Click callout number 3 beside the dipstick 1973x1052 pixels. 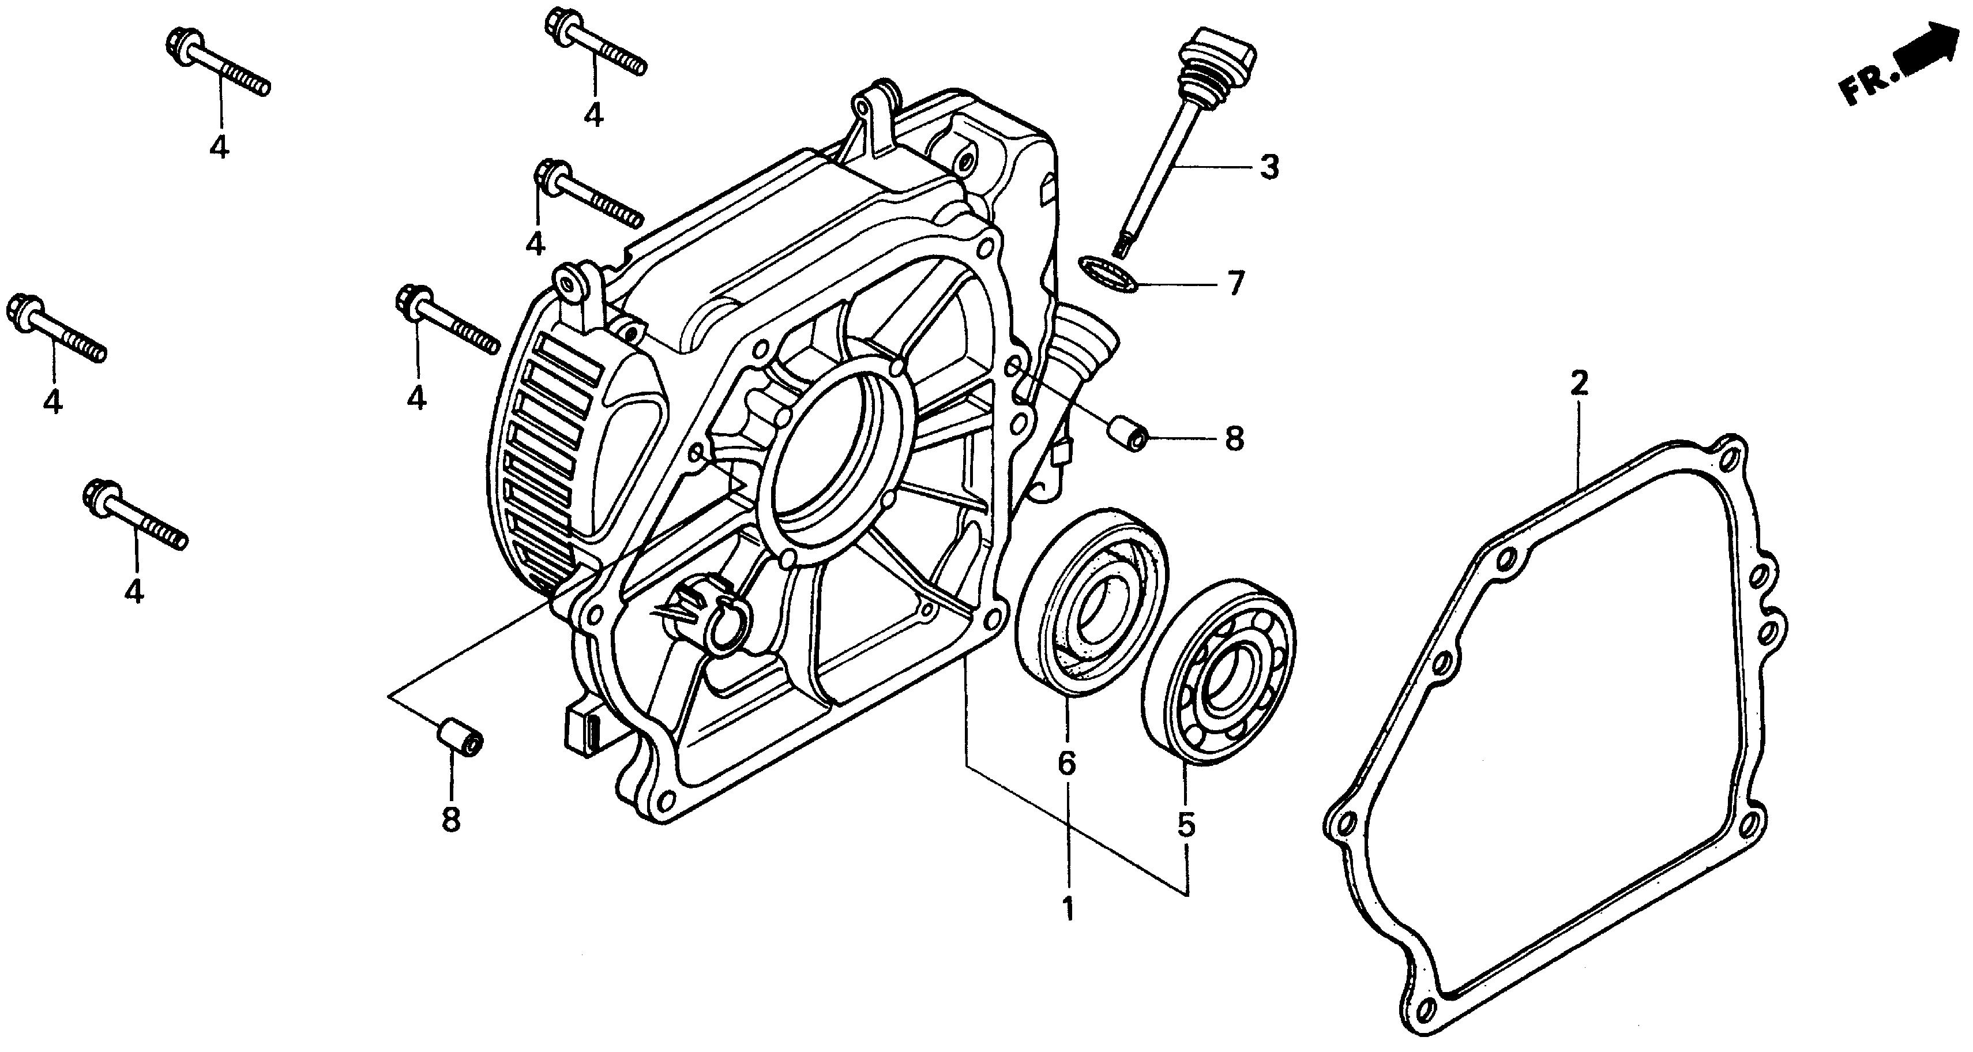click(x=1269, y=166)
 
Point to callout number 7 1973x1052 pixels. click(x=1234, y=284)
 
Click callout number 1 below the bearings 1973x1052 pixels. click(x=1067, y=909)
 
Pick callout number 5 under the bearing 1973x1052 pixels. click(x=1186, y=825)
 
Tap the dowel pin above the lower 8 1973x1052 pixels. click(x=460, y=738)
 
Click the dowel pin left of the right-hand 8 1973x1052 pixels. click(x=1128, y=434)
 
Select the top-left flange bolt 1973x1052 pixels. click(x=217, y=63)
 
